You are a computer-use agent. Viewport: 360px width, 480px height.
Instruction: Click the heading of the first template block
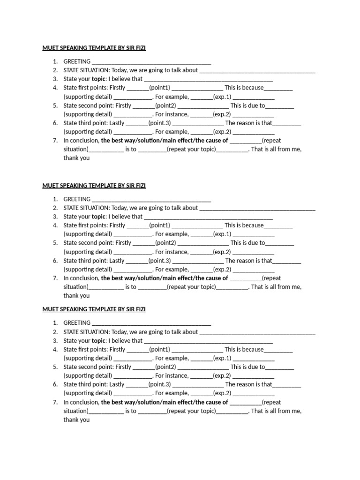[x=94, y=48]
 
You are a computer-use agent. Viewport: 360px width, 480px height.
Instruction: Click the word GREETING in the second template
[x=77, y=199]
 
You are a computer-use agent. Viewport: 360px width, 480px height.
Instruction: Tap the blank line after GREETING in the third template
[x=151, y=323]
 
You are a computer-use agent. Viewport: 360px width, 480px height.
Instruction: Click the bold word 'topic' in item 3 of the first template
[x=99, y=79]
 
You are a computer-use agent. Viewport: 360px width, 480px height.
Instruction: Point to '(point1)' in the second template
[x=160, y=225]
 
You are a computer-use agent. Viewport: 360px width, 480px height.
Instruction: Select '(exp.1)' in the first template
[x=222, y=97]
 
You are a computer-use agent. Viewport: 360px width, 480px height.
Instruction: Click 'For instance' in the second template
[x=172, y=252]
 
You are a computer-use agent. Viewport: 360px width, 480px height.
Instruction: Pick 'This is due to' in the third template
[x=247, y=367]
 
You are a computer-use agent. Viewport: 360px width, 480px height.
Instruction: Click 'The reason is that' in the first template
[x=248, y=123]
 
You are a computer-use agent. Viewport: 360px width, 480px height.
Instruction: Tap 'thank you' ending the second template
[x=76, y=296]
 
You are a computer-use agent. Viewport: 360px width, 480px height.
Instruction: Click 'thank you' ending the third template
[x=76, y=420]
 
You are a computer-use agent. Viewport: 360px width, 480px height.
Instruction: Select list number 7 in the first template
[x=55, y=141]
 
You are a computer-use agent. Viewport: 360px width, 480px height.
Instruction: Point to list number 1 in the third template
[x=55, y=323]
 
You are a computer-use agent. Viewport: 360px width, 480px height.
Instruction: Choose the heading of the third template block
[x=94, y=309]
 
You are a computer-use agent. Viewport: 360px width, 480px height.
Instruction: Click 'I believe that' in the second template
[x=125, y=217]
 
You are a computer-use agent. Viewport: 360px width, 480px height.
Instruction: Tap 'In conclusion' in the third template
[x=81, y=402]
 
